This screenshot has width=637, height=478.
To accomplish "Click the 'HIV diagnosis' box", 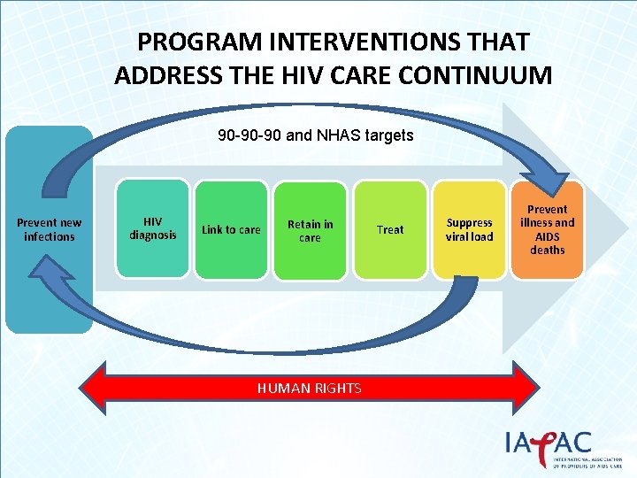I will point(153,228).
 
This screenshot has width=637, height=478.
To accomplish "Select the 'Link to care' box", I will point(231,230).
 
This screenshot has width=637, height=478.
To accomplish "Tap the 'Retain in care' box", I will point(310,230).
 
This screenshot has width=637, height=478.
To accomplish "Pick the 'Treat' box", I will point(389,230).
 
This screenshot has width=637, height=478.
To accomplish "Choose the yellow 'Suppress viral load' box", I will point(469,230).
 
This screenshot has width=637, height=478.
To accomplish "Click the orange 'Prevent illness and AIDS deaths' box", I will point(547,230).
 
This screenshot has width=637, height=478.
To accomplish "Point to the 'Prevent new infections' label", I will point(49,230).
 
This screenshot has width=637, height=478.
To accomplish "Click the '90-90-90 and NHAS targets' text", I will point(316,137).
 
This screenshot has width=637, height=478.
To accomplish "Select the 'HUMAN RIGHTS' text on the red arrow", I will point(309,388).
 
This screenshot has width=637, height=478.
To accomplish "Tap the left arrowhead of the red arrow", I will point(93,388).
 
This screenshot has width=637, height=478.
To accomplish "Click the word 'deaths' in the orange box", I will point(547,251).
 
